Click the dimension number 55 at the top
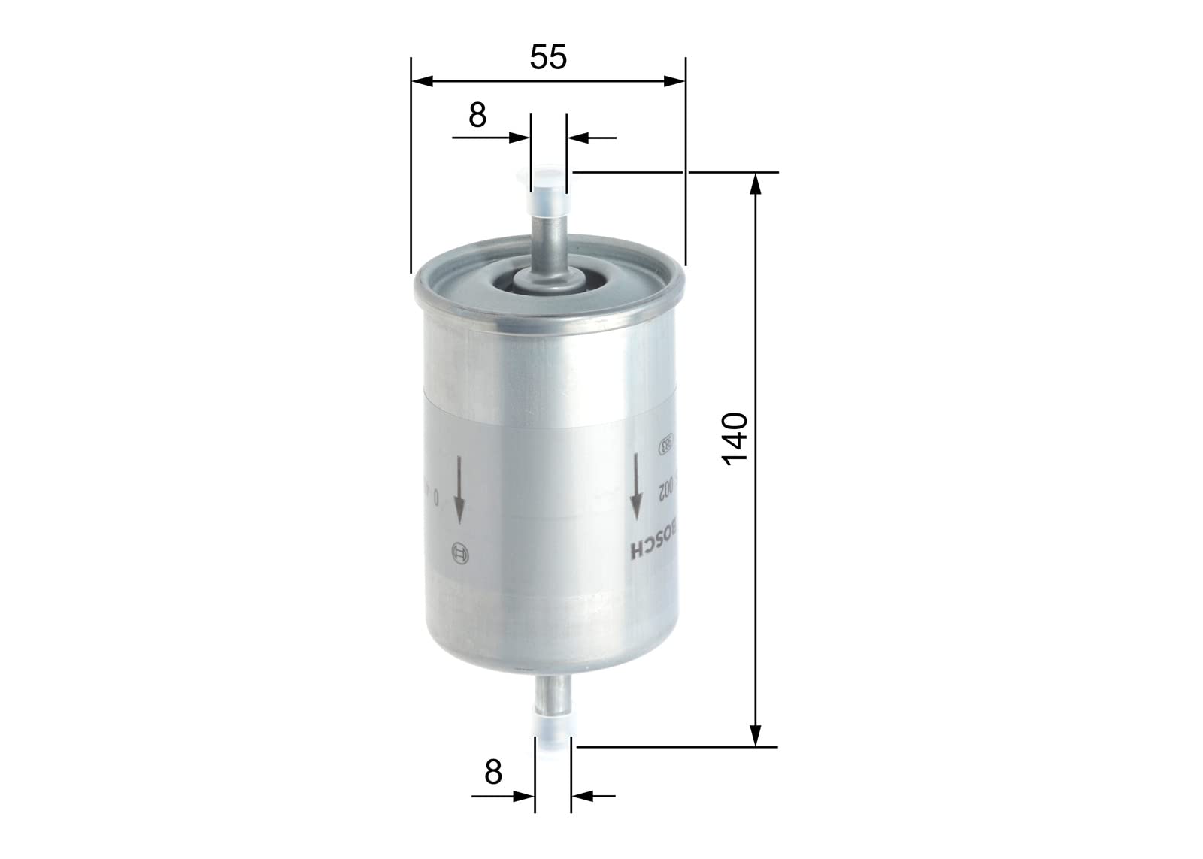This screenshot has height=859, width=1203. coord(548,58)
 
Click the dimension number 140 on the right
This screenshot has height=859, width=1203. coord(735,439)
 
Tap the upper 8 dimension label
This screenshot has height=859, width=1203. coord(477,116)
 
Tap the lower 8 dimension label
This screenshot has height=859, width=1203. coord(492,772)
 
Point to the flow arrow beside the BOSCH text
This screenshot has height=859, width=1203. coord(636,485)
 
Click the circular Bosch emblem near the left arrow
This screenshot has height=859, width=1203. coord(459,555)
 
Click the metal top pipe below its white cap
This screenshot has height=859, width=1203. coord(549,240)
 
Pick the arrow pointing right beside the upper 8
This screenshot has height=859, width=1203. coord(519,138)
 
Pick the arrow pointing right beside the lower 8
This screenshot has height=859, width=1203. coord(523,796)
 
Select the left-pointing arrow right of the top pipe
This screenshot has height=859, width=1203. coord(577,138)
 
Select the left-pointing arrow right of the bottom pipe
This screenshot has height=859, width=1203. coord(582,796)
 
